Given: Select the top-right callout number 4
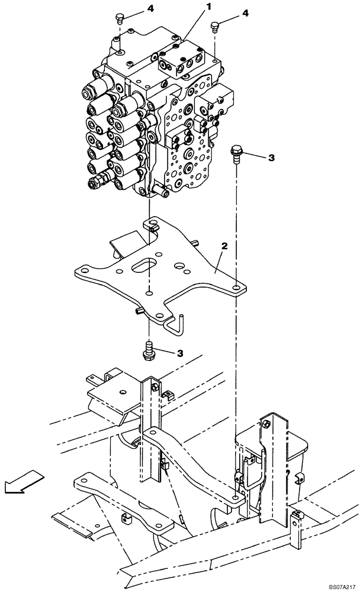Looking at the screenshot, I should [x=246, y=12].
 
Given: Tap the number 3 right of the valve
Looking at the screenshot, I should [x=271, y=157].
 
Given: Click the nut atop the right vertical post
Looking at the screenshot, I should [x=266, y=423].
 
